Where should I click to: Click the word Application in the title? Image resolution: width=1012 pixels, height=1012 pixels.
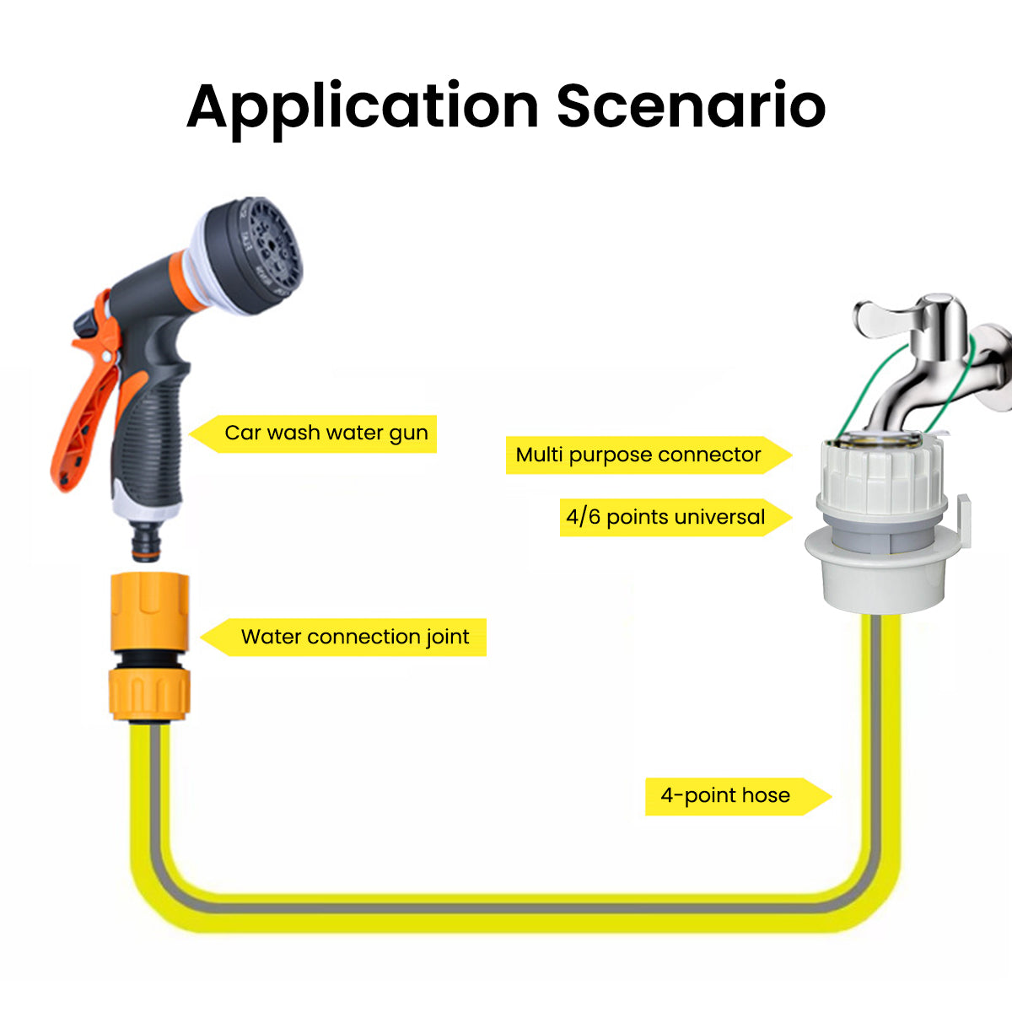click(x=363, y=108)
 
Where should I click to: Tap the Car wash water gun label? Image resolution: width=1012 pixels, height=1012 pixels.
click(x=326, y=433)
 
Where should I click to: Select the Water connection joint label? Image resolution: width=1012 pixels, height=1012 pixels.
click(x=354, y=637)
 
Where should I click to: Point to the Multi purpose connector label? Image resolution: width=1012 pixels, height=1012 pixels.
click(x=638, y=455)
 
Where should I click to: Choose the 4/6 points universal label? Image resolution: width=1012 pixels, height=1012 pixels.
click(x=665, y=517)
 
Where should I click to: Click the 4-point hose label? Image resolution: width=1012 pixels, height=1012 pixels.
click(x=725, y=795)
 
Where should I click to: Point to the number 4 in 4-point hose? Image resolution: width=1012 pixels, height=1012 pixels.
click(x=667, y=795)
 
